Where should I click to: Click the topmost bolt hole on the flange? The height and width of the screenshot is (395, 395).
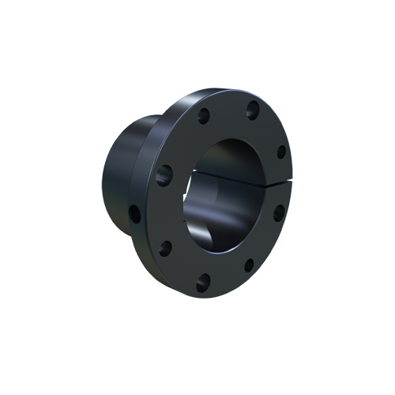pos(253,108)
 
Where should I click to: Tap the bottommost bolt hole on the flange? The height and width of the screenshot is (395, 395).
pos(203,278)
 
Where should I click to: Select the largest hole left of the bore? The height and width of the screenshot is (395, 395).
pos(164,175)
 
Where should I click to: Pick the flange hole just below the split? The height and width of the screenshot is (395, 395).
pos(278,212)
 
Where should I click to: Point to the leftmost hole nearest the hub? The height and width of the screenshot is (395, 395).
pos(135,213)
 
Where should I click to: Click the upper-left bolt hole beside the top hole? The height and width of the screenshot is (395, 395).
pos(203,116)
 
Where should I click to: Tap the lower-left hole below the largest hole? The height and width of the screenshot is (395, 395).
pos(165,248)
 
